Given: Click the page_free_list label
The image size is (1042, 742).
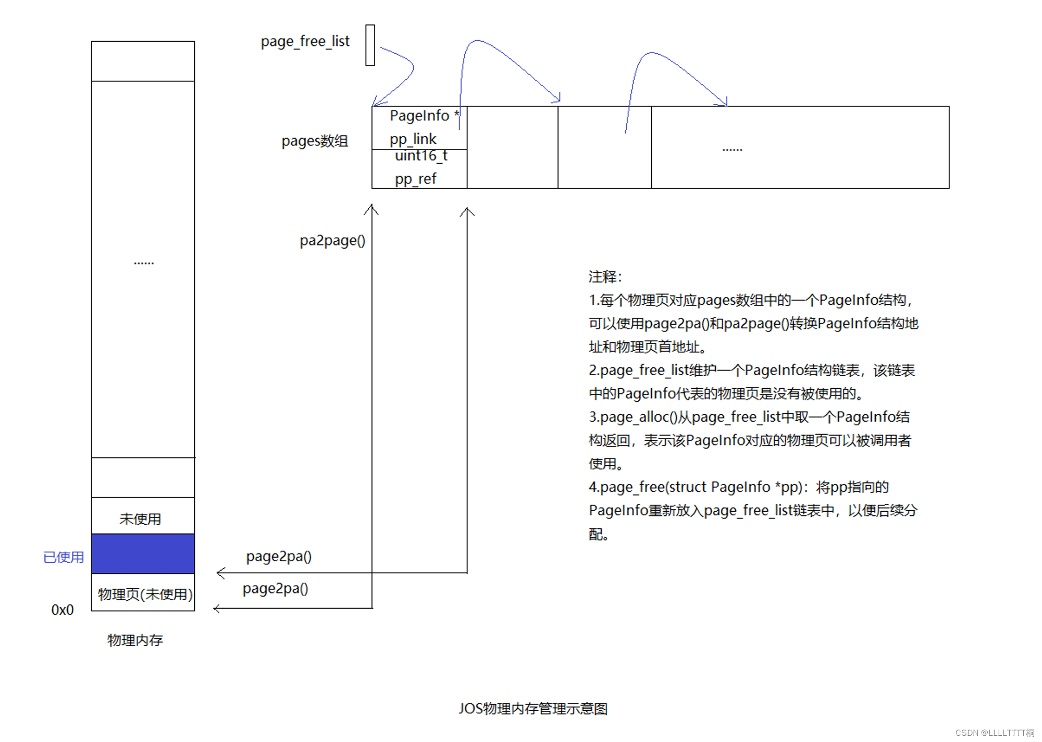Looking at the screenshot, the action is (x=305, y=41).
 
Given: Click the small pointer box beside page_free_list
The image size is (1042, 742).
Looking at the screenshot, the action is (x=370, y=45).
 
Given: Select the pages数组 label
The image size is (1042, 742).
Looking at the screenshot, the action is (x=315, y=141).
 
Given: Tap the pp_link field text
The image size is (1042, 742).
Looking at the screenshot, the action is (x=413, y=139).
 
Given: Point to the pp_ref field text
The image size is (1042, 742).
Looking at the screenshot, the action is (x=415, y=179).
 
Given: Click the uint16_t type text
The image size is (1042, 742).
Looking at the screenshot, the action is (x=421, y=156).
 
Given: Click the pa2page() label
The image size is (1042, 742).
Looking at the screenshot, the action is (x=332, y=240).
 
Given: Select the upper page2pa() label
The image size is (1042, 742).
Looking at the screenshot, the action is (x=279, y=556).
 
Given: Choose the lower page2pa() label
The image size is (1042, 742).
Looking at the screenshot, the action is (x=276, y=589).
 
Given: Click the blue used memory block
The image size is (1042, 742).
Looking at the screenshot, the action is (x=143, y=553).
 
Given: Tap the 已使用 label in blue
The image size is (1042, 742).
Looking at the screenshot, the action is (x=64, y=557).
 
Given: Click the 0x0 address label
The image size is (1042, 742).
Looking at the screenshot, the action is (x=63, y=610).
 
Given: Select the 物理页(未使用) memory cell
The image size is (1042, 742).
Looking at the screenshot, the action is (x=144, y=594).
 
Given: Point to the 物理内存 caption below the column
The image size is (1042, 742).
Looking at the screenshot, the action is (x=135, y=640).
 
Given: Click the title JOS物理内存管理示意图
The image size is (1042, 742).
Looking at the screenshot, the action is (x=533, y=709).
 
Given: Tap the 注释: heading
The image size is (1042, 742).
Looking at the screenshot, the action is (x=605, y=277).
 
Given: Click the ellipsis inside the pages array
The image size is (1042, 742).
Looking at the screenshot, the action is (x=732, y=150).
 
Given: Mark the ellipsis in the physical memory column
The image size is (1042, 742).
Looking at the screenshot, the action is (x=144, y=263).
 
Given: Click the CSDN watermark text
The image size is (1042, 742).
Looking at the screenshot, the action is (x=995, y=733).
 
